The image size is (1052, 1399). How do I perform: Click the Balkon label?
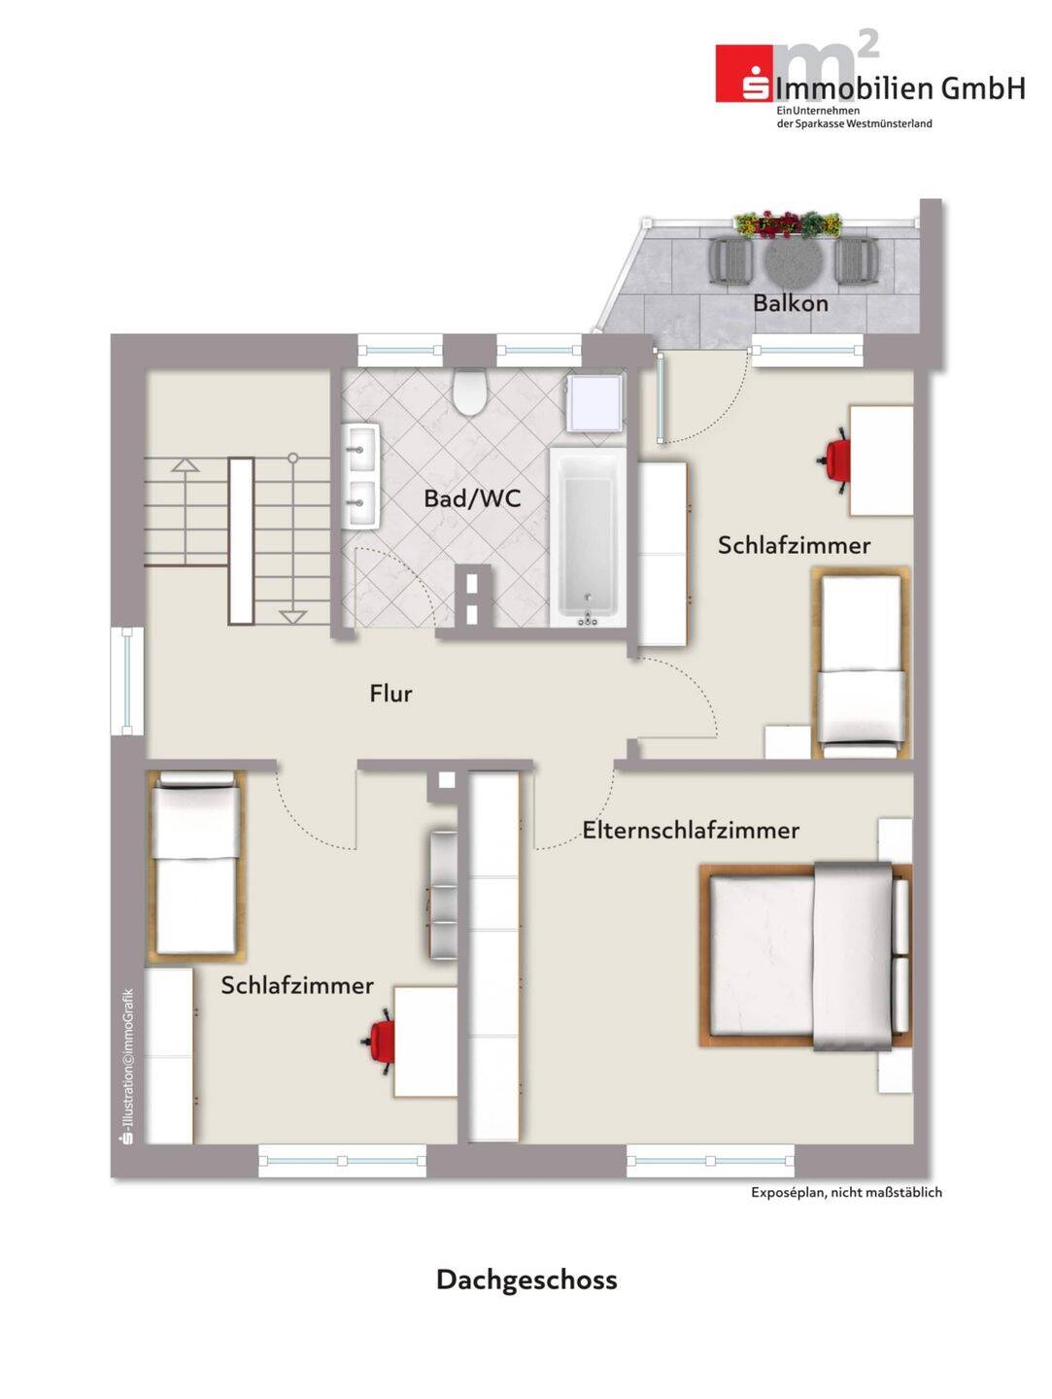pyautogui.click(x=790, y=303)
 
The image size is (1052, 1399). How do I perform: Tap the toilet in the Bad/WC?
pyautogui.click(x=470, y=391)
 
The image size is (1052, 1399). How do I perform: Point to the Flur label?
pyautogui.click(x=390, y=693)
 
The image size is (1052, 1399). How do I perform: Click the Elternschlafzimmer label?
pyautogui.click(x=691, y=830)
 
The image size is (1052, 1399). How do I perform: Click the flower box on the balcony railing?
pyautogui.click(x=788, y=224)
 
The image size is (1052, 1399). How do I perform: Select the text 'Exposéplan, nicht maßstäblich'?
pyautogui.click(x=846, y=1192)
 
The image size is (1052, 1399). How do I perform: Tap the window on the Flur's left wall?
pyautogui.click(x=127, y=681)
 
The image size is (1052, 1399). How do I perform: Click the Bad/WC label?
pyautogui.click(x=472, y=498)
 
